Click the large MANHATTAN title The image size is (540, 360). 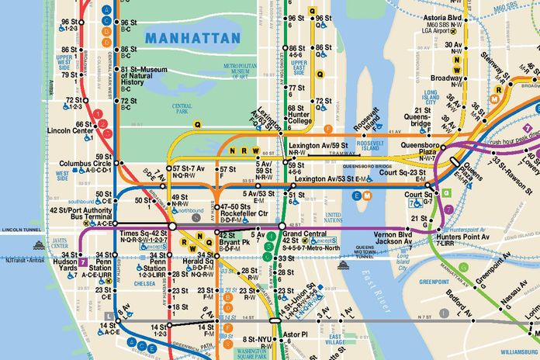(x=192, y=36)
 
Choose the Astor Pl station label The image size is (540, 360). (x=296, y=334)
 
